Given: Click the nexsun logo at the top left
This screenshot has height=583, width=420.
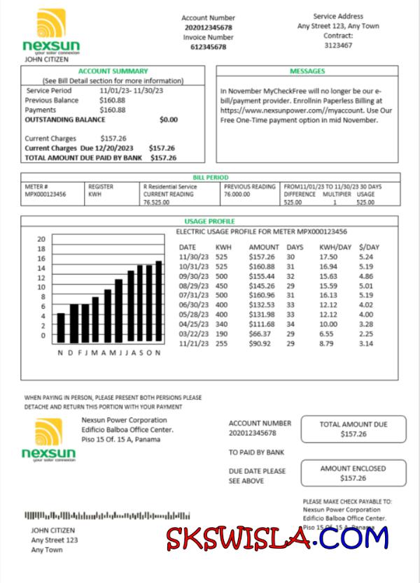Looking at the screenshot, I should click(51, 32).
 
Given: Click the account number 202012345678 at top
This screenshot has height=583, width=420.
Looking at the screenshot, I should click(208, 27).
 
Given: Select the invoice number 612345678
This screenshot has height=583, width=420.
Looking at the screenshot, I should click(208, 47).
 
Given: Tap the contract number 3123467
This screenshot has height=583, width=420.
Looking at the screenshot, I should click(338, 45).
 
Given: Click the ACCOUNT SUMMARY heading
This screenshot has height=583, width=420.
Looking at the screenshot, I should click(113, 71).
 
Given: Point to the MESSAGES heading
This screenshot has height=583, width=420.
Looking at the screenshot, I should click(307, 71).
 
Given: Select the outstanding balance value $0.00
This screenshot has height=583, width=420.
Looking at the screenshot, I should click(169, 120).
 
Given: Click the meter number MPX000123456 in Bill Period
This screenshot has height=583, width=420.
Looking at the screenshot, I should click(45, 194).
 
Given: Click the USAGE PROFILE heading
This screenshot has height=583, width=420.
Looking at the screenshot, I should click(209, 222).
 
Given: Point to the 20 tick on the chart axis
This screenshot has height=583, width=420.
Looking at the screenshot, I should click(41, 239).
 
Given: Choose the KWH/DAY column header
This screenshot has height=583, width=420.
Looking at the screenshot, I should click(334, 247).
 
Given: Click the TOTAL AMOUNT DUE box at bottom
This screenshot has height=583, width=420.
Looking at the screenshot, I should click(353, 429).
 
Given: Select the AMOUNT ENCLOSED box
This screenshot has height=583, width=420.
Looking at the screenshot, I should click(353, 473).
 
